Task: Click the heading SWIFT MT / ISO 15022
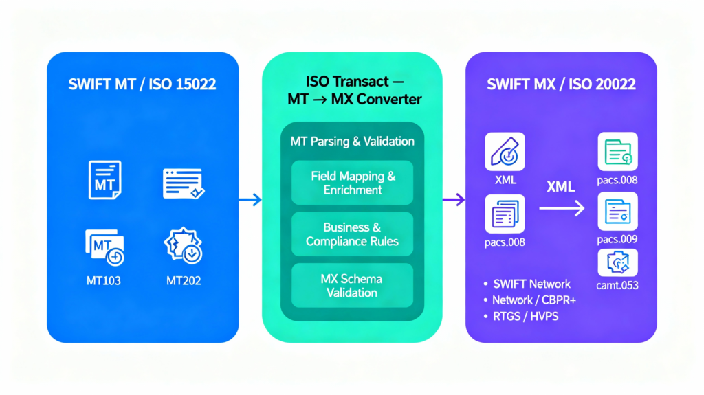point(142,85)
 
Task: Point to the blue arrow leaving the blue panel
point(250,200)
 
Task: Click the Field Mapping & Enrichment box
point(352,183)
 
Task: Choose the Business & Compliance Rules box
point(352,234)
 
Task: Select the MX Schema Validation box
point(352,286)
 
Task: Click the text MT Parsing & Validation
point(352,142)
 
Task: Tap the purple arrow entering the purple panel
point(453,200)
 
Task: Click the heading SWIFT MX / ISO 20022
point(561,85)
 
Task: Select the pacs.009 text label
point(617,239)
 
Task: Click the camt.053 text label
point(617,285)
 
